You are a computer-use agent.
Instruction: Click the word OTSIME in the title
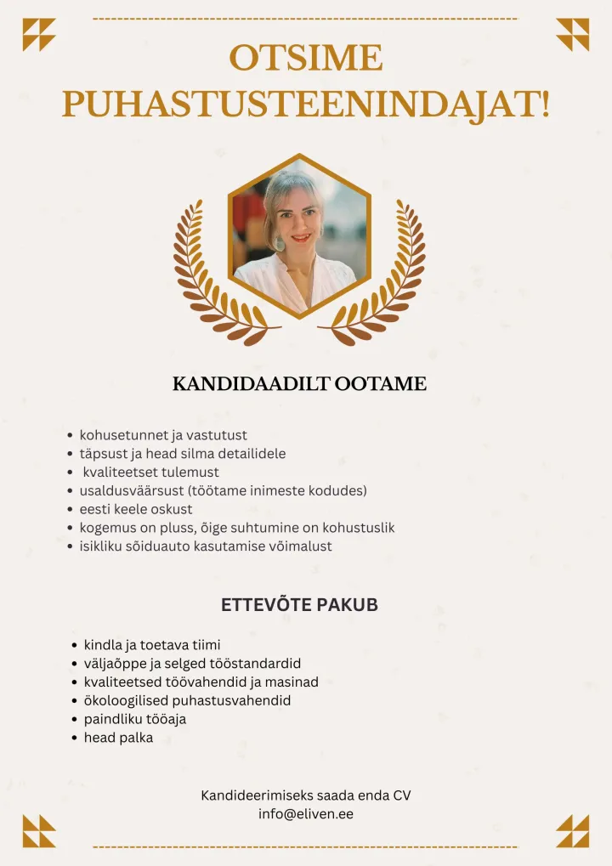point(306,59)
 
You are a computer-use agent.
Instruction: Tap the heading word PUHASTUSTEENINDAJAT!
point(306,104)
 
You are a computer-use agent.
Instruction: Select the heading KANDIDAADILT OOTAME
point(299,384)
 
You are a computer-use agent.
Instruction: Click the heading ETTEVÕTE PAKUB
point(299,606)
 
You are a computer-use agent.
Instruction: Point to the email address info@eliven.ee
point(306,813)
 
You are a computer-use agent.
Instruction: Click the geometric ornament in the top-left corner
point(39,35)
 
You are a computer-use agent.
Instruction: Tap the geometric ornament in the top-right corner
point(572,35)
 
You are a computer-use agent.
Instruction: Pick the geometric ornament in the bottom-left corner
point(39,830)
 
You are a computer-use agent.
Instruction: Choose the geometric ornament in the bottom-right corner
point(572,830)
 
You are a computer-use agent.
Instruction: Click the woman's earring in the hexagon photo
point(279,244)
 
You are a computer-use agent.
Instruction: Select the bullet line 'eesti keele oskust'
point(136,509)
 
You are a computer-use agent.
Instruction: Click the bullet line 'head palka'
point(118,738)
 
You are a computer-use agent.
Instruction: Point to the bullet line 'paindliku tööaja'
point(134,719)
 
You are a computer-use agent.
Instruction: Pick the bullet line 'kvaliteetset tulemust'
point(150,472)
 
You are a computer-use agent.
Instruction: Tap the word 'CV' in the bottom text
point(402,795)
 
